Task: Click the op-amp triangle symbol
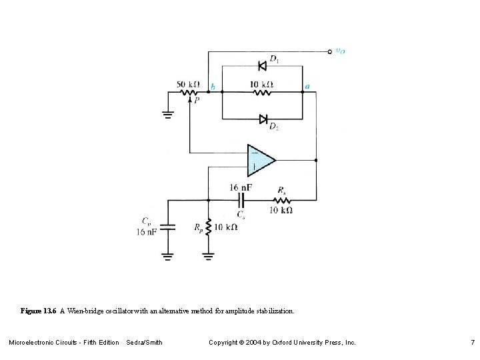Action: pos(260,160)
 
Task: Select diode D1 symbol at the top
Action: pos(262,65)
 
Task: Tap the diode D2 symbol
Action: pos(262,119)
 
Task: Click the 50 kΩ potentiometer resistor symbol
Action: pos(189,93)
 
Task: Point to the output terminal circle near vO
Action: pos(329,51)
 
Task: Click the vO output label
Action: pos(340,51)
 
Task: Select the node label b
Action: pos(213,87)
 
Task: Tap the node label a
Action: pos(307,86)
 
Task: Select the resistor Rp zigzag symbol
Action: pos(209,227)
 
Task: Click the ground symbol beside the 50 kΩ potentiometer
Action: pos(167,115)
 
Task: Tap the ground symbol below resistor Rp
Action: pos(209,255)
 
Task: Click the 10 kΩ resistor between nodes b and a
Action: pos(262,93)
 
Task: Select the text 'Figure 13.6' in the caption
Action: pos(39,311)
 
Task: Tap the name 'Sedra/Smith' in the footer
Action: pos(144,342)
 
